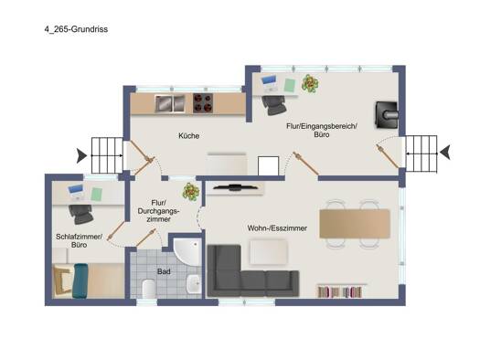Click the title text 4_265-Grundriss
coord(76,29)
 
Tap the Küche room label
coord(189,136)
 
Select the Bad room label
coord(164,271)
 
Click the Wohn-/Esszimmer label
coord(277,228)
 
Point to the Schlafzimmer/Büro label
coord(79,240)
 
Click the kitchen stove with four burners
coord(203,103)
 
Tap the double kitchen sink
coord(170,103)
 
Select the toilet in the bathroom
coord(149,289)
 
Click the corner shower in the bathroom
coord(187,250)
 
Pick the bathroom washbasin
coord(194,283)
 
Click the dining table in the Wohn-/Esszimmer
coord(355,224)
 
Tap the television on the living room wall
coord(235,187)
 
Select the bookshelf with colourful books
coord(340,291)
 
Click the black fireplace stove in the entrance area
coord(387,115)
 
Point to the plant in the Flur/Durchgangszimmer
coord(191,192)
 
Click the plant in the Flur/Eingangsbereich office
coord(310,83)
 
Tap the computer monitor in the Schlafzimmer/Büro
coord(75,190)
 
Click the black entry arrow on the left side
coord(81,155)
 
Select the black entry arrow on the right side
coord(445,152)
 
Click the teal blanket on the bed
coord(80,281)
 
